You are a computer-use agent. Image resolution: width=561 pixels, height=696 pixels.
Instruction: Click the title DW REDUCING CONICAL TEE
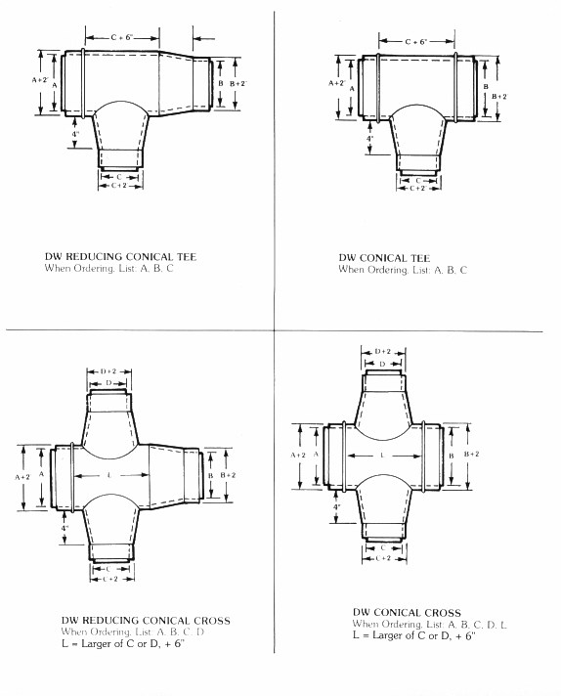pyautogui.click(x=120, y=256)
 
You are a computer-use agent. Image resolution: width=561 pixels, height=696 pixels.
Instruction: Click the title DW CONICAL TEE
pyautogui.click(x=384, y=258)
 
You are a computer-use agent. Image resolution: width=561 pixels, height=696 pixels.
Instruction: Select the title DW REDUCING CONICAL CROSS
pyautogui.click(x=146, y=621)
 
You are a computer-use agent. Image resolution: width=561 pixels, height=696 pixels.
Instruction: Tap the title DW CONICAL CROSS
pyautogui.click(x=407, y=613)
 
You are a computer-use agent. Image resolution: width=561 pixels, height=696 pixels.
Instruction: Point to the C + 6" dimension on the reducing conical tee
pyautogui.click(x=122, y=38)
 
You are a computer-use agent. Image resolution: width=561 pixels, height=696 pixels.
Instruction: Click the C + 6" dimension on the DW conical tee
pyautogui.click(x=416, y=42)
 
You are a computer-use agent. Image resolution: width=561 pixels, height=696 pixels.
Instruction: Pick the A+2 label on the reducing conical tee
pyautogui.click(x=40, y=80)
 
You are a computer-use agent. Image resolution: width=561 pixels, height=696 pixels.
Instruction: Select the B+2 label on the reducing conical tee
pyautogui.click(x=237, y=83)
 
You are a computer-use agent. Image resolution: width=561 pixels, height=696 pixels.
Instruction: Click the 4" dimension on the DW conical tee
pyautogui.click(x=369, y=139)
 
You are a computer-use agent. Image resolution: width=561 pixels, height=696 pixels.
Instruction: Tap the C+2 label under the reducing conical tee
pyautogui.click(x=119, y=185)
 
